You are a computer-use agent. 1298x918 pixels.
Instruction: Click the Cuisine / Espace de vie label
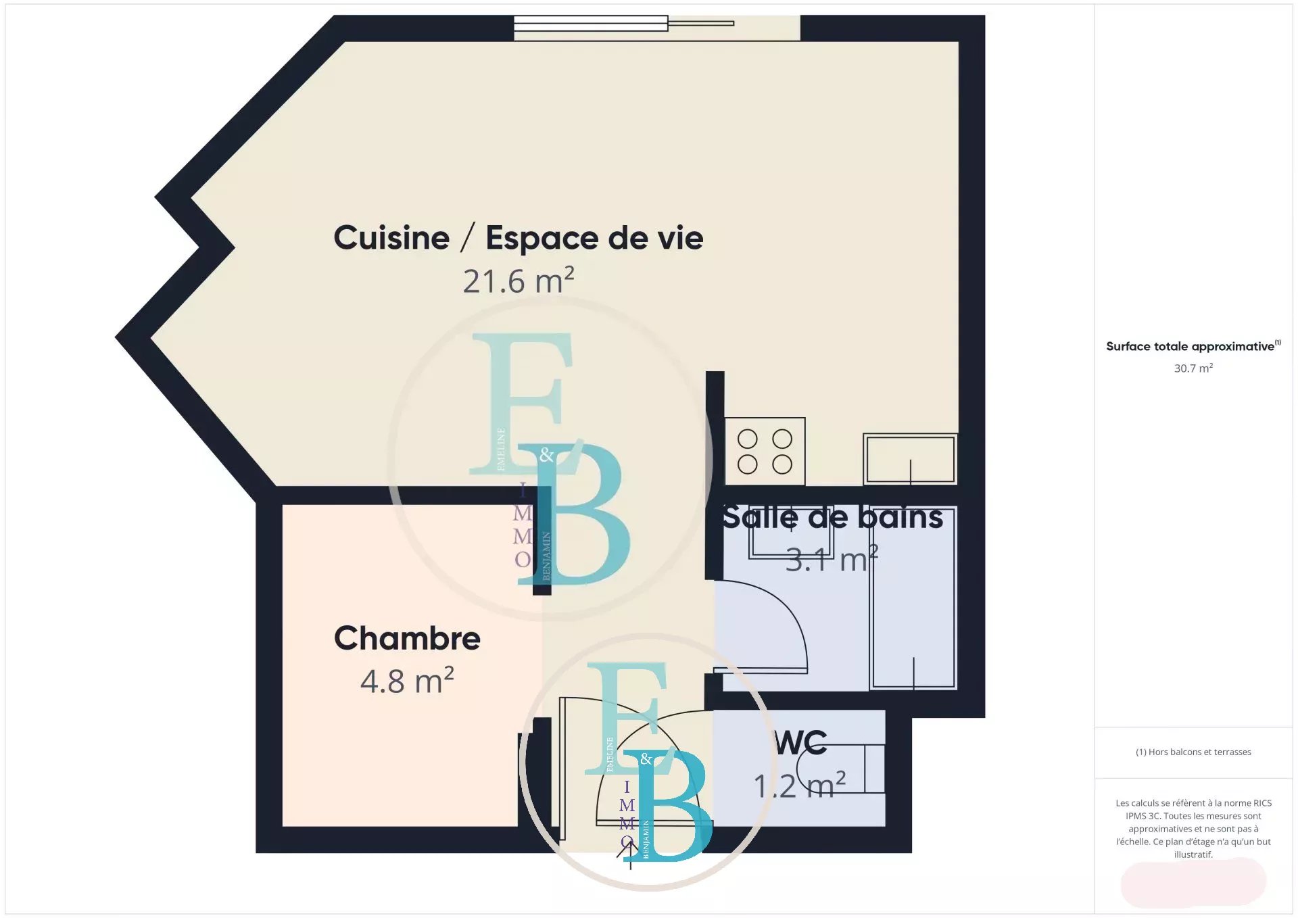[x=519, y=238]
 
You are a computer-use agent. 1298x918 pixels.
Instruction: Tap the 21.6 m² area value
[x=519, y=281]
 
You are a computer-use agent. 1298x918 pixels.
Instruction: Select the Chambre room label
[x=407, y=638]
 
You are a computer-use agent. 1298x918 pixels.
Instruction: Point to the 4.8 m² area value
[x=407, y=680]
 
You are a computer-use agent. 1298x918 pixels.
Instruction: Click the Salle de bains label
[x=832, y=517]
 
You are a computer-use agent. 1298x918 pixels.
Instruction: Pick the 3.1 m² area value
[x=832, y=559]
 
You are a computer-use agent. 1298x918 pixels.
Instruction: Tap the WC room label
[x=801, y=743]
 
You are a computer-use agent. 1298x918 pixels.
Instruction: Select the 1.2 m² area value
[x=800, y=785]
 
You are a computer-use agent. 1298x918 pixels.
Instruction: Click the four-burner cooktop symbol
[x=765, y=451]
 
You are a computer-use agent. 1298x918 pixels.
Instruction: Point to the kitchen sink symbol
[x=911, y=459]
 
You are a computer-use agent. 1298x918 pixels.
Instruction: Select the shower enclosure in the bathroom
[x=913, y=598]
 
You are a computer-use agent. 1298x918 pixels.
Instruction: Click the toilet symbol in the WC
[x=841, y=769]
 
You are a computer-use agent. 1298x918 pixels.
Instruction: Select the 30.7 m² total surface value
[x=1193, y=368]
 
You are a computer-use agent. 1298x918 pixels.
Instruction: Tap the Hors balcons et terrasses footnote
[x=1193, y=752]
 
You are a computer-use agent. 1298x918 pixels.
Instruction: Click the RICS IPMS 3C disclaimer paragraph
[x=1193, y=829]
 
